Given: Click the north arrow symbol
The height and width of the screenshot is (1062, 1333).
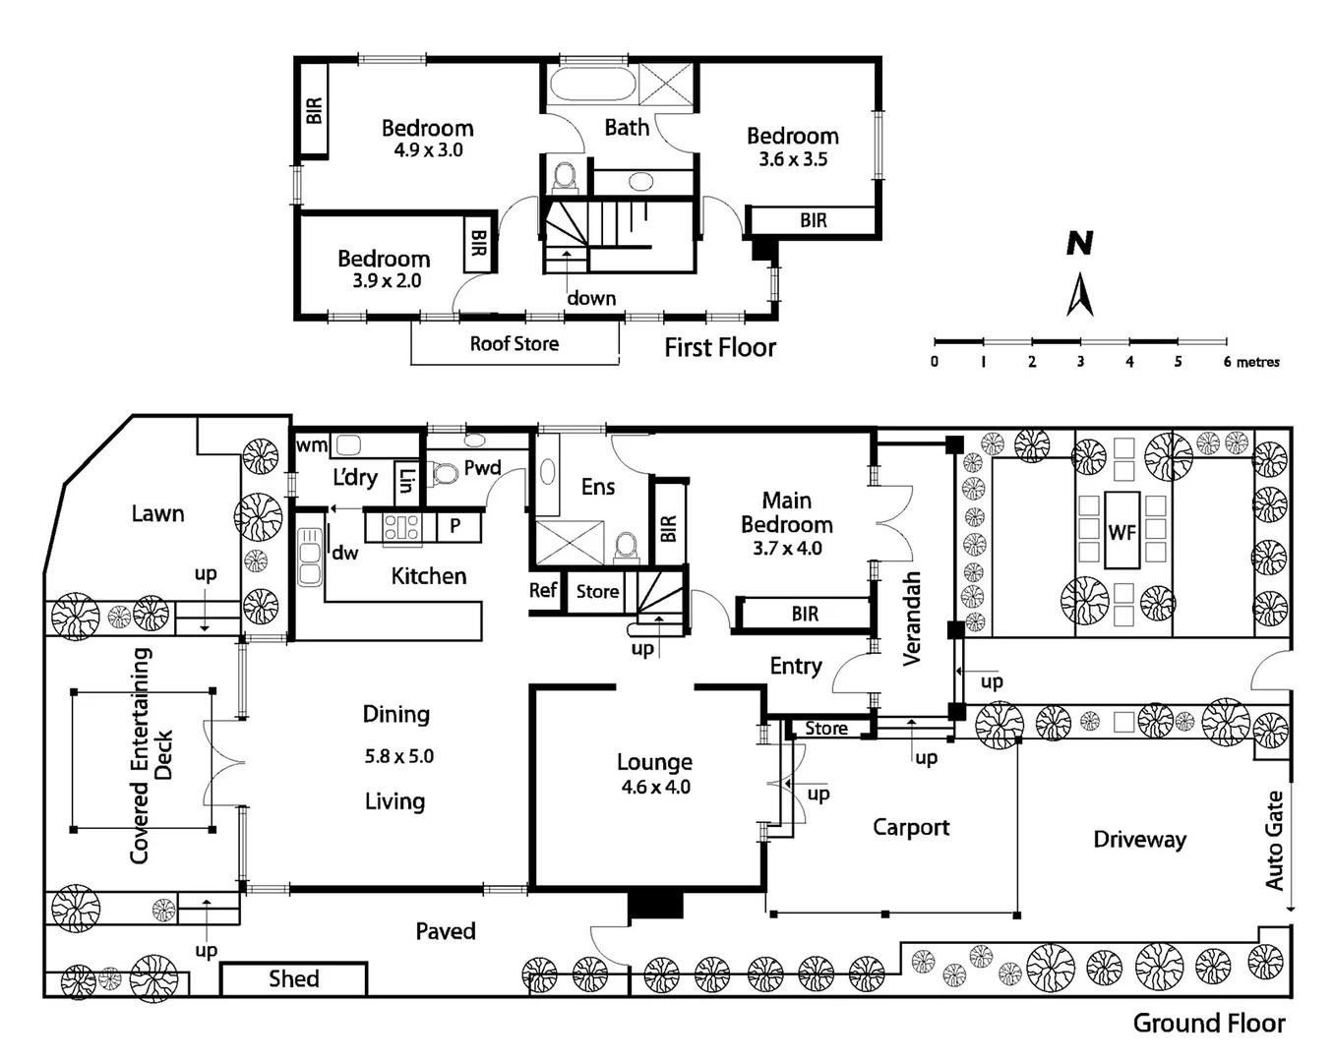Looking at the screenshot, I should point(1080,295).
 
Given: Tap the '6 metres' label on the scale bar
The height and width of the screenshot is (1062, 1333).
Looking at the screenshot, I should point(1251,362).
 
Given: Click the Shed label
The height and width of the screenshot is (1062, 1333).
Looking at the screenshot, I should point(293,979).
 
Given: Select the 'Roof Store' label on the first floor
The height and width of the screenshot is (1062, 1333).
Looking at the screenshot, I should point(514,344).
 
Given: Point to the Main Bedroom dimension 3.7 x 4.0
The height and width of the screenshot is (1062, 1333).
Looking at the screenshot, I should point(787,549).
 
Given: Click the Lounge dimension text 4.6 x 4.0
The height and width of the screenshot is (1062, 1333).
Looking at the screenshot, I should point(655,787).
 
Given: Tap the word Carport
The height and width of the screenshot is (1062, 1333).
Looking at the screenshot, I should point(911,828).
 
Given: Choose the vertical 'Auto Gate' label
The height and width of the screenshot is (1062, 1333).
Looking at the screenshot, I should point(1275,841).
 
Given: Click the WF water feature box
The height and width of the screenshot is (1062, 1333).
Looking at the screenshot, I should point(1121,532).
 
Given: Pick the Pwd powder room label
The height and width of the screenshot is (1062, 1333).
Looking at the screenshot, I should point(482,468).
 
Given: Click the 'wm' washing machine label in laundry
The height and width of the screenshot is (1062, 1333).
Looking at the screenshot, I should point(311,445).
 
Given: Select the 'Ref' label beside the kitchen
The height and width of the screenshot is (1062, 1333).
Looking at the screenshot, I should point(543,590).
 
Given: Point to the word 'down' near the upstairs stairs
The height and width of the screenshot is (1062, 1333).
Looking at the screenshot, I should point(591,298).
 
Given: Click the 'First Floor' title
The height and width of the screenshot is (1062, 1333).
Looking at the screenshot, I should point(719,348).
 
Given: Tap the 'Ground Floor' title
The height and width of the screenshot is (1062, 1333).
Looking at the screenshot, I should point(1208,1024).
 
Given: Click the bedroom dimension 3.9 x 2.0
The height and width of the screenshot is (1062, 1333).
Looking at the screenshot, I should point(387,281).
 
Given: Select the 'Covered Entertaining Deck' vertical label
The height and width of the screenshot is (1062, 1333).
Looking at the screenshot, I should point(151,755).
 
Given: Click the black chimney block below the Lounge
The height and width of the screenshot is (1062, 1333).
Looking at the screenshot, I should point(655,904).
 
